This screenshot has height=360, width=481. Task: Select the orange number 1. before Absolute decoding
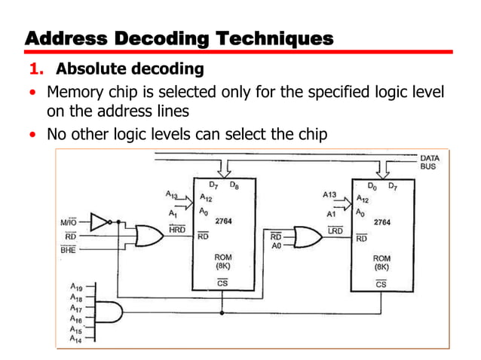(38, 70)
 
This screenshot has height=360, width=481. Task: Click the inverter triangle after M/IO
(100, 221)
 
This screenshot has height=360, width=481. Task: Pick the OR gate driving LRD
(305, 236)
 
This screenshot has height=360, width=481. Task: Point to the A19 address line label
(75, 287)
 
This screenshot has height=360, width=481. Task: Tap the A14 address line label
(75, 340)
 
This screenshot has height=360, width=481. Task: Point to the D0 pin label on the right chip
(371, 185)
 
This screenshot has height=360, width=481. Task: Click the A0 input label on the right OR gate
(276, 245)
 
